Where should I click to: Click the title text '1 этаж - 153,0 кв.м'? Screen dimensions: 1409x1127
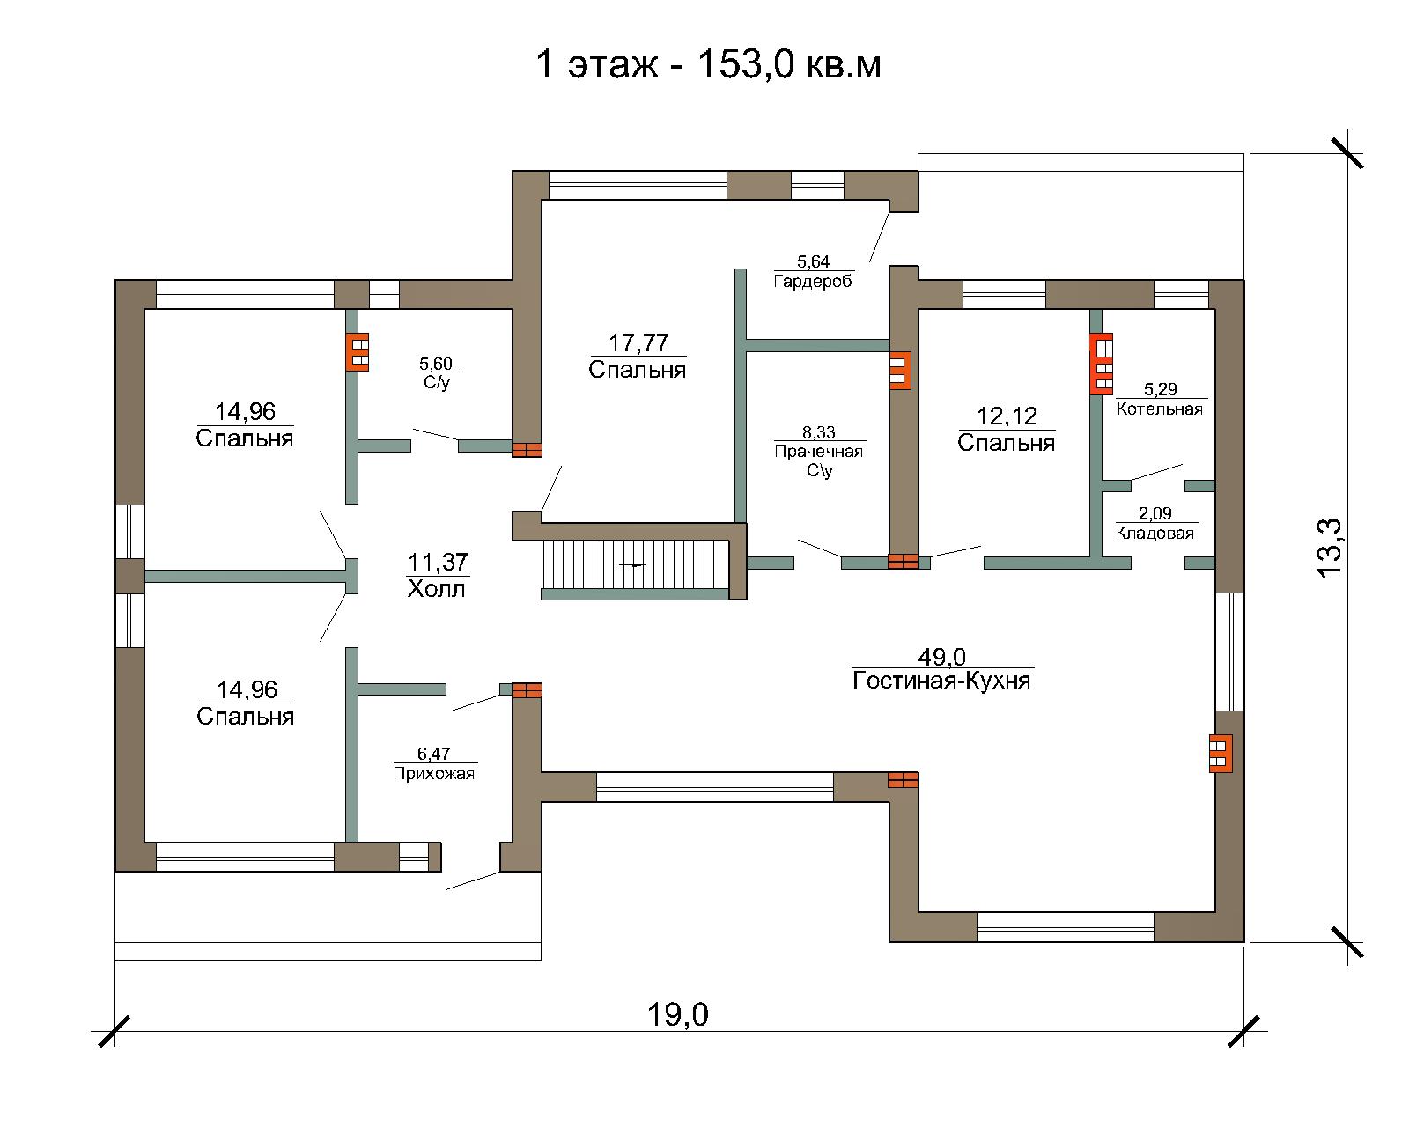pyautogui.click(x=708, y=65)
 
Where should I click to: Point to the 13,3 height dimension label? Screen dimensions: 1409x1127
pyautogui.click(x=1329, y=548)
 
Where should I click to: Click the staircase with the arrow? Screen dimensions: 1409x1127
pyautogui.click(x=635, y=564)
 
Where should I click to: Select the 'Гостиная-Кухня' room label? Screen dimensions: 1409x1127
pyautogui.click(x=941, y=681)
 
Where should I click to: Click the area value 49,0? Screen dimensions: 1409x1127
pyautogui.click(x=941, y=656)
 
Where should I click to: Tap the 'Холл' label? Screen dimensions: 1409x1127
pyautogui.click(x=436, y=589)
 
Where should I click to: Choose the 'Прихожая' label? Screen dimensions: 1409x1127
pyautogui.click(x=433, y=773)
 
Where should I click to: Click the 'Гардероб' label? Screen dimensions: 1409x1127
pyautogui.click(x=813, y=282)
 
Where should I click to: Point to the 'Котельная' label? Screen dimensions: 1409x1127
pyautogui.click(x=1160, y=409)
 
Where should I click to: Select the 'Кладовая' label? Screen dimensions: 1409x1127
pyautogui.click(x=1155, y=533)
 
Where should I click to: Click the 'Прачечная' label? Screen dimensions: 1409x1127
pyautogui.click(x=818, y=451)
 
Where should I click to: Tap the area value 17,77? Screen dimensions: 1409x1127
pyautogui.click(x=638, y=343)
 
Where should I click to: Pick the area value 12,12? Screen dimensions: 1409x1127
pyautogui.click(x=1007, y=416)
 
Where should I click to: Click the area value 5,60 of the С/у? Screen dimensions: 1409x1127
pyautogui.click(x=436, y=364)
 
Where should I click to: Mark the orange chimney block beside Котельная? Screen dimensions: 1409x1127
pyautogui.click(x=1102, y=365)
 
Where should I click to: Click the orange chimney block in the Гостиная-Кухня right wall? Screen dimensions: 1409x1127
pyautogui.click(x=1221, y=753)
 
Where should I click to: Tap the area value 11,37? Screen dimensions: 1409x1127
pyautogui.click(x=438, y=562)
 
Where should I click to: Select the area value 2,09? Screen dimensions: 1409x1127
pyautogui.click(x=1155, y=512)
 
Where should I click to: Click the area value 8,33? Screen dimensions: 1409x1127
pyautogui.click(x=818, y=432)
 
